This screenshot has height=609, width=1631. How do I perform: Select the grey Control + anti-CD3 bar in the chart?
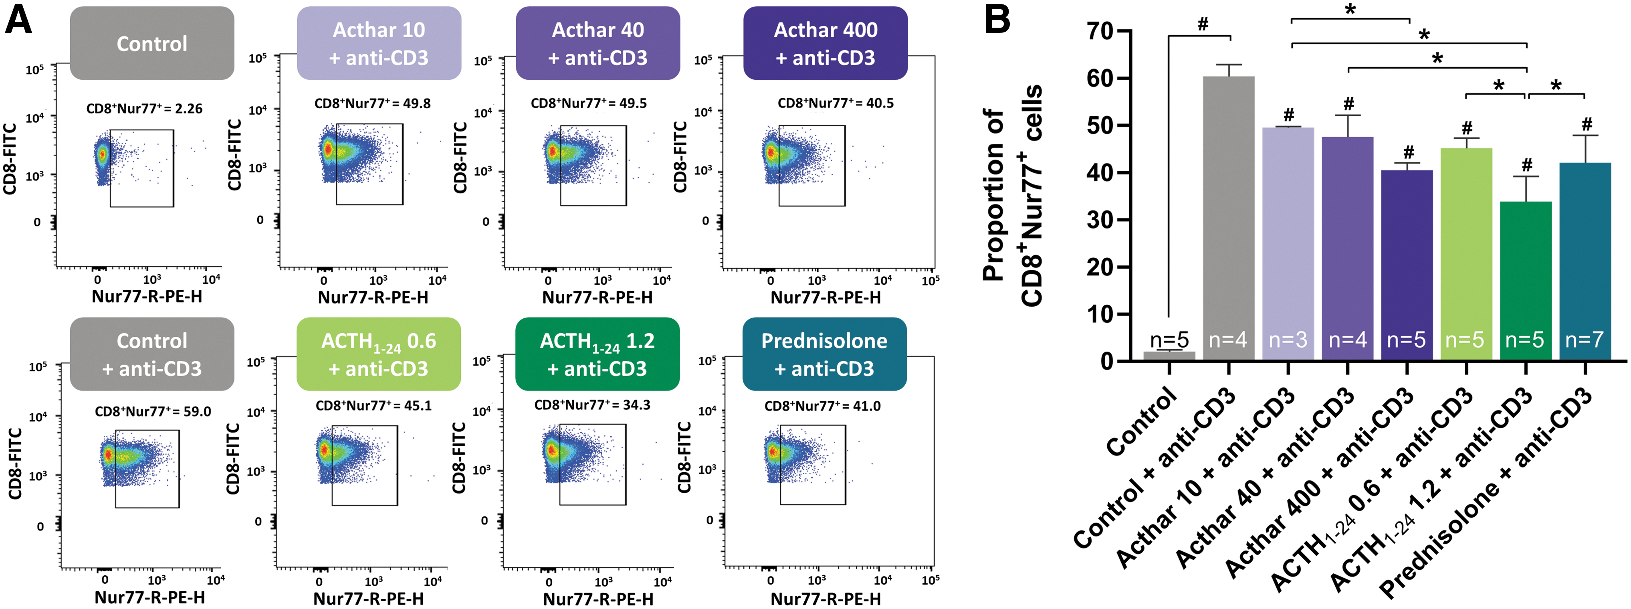click(1228, 219)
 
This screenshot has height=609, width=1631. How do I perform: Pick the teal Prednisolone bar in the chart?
click(1585, 262)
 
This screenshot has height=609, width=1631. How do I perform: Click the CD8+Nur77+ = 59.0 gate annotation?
click(153, 411)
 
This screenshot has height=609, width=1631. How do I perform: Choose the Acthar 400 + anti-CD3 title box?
click(825, 43)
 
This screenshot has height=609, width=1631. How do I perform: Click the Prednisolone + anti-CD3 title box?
click(824, 354)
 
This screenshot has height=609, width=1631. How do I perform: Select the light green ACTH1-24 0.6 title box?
click(379, 354)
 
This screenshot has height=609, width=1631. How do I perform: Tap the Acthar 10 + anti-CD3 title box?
click(379, 43)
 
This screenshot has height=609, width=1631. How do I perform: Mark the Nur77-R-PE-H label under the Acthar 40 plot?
click(597, 297)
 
